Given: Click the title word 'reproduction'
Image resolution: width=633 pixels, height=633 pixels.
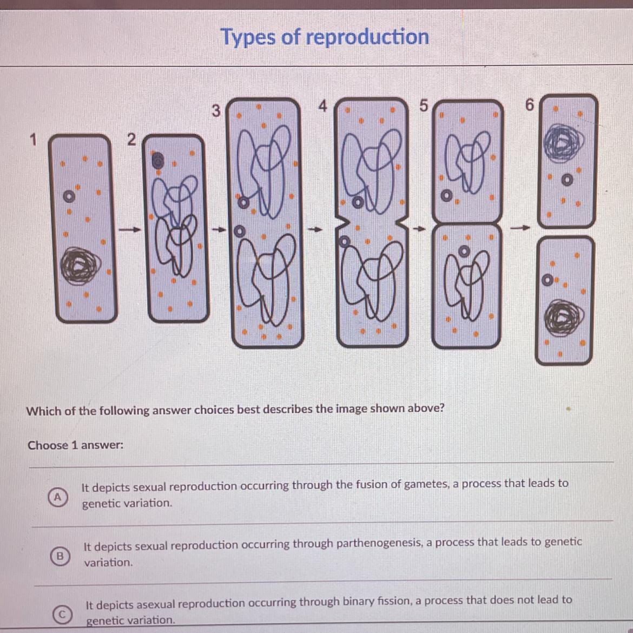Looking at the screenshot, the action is coord(367,37).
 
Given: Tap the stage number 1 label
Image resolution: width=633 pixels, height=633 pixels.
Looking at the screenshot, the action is coord(33,140).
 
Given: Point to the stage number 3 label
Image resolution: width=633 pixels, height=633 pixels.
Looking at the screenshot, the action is coord(216,110).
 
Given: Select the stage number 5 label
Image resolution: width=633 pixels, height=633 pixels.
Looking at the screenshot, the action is coord(423,105).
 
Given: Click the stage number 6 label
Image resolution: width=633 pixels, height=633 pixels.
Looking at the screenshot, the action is coord(529,105).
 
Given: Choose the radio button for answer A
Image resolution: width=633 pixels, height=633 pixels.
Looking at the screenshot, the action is coord(58,497).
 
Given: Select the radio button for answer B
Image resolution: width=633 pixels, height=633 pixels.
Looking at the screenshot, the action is coord(60,556).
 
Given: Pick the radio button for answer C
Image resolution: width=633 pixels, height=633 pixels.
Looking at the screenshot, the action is coord(62,614).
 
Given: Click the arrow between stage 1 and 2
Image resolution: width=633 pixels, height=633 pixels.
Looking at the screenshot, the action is coord(130,230).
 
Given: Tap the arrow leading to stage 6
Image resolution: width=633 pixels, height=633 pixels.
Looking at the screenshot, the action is coord(520,228).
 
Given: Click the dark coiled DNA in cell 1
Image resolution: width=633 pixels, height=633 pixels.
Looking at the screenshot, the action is coord(80,266).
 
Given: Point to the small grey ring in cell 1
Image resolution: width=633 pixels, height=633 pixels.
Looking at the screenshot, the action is coord(69,196).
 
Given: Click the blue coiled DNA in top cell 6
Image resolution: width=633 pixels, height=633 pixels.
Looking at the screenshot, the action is coord(563,143).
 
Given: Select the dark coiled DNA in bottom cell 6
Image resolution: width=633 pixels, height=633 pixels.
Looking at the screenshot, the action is coord(564,318).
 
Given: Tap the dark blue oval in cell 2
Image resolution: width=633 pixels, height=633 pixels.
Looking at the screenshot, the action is coord(157,161).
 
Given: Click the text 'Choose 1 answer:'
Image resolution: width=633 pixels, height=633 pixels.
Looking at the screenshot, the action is coord(76,445).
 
